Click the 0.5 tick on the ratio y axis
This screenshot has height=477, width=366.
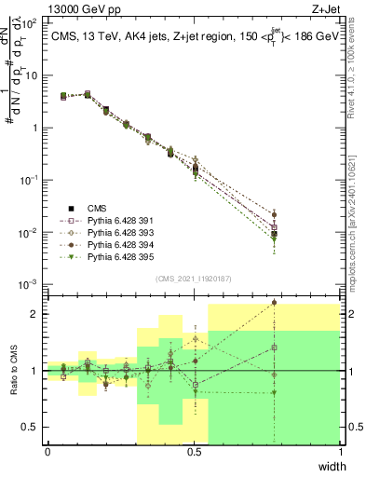point(34,428)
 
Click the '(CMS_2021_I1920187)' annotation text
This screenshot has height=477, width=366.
point(194,279)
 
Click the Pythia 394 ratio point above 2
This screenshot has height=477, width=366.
point(274,302)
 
